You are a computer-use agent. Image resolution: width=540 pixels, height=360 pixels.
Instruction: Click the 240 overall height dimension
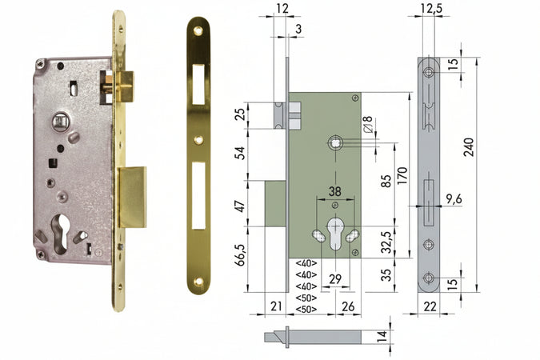tap(468, 147)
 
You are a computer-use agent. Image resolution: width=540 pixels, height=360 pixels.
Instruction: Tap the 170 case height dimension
tap(402, 176)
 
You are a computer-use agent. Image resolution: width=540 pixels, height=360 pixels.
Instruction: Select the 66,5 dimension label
tap(240, 255)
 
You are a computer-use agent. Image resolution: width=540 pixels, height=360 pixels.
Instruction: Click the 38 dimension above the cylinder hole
tap(334, 191)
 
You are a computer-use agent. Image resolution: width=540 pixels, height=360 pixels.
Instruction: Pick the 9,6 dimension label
tap(454, 199)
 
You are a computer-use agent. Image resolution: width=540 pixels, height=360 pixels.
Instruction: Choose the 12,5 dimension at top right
tap(429, 8)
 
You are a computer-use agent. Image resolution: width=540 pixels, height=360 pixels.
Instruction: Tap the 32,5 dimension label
tap(386, 242)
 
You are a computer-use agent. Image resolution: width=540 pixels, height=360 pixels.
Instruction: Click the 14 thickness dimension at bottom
tap(382, 336)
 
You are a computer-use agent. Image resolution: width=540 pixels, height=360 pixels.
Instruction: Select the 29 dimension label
tap(335, 279)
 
